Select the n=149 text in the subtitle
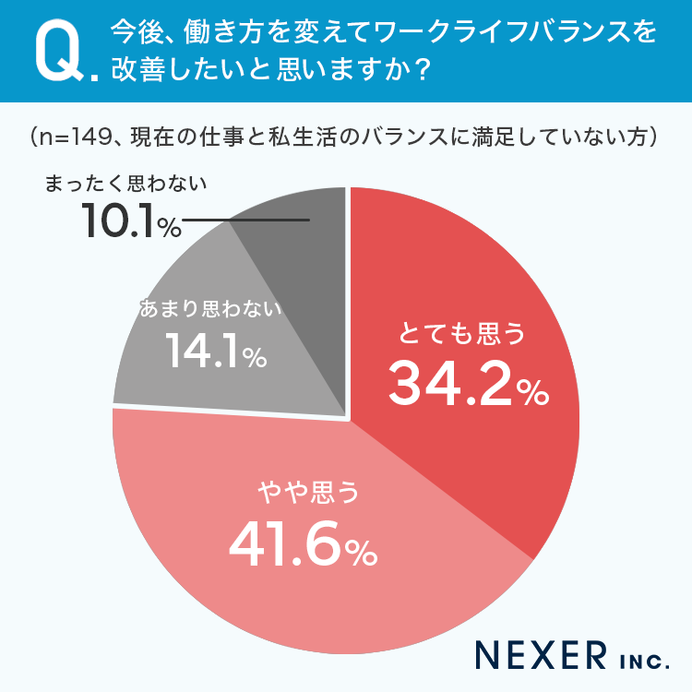pyautogui.click(x=69, y=138)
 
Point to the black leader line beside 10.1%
pyautogui.click(x=245, y=221)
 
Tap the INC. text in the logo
pyautogui.click(x=638, y=659)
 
